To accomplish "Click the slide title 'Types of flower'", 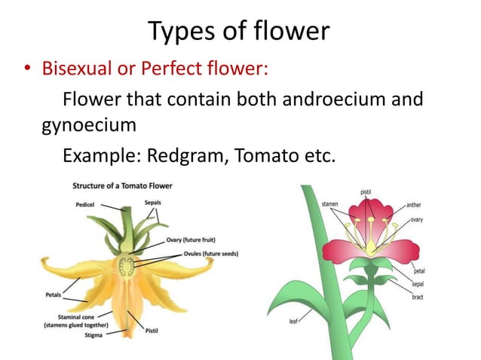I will click(239, 31).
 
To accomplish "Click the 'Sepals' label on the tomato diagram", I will click(152, 203).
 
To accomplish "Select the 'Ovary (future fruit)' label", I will click(195, 241).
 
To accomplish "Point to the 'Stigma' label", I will click(96, 336).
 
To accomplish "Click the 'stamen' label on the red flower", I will click(329, 204).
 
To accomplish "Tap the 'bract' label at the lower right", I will click(417, 297).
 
